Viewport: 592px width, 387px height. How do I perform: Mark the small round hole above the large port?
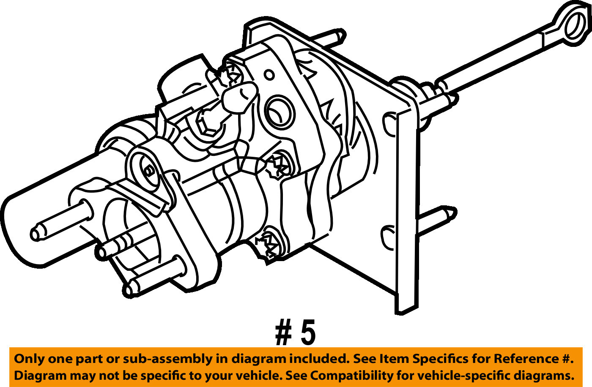point(269,75)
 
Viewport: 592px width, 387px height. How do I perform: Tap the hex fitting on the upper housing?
point(208,123)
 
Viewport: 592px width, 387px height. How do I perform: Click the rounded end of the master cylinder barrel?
point(17,228)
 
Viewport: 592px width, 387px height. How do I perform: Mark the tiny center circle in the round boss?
point(148,171)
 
